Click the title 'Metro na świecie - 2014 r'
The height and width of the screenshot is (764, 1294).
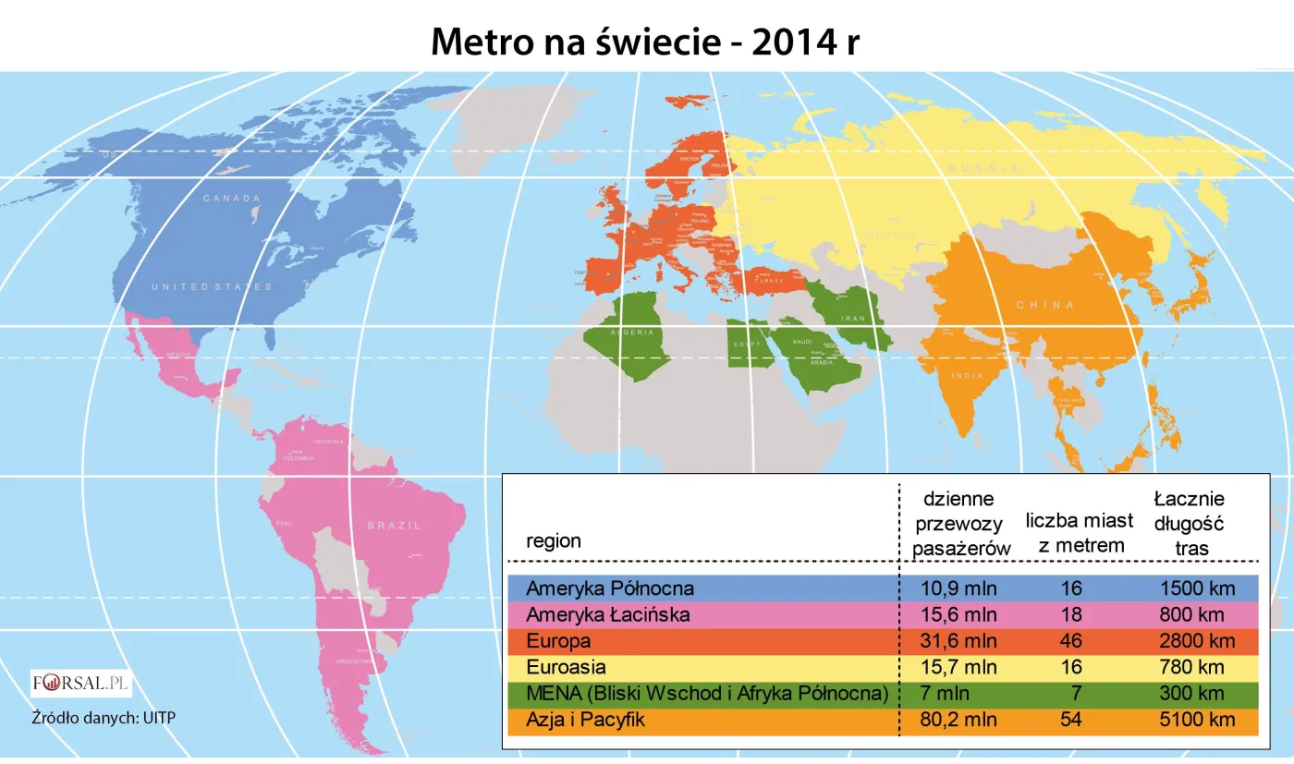pyautogui.click(x=645, y=42)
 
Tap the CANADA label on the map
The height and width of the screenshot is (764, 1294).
pyautogui.click(x=232, y=198)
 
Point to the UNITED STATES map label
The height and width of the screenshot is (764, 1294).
pyautogui.click(x=212, y=287)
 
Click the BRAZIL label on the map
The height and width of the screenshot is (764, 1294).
pyautogui.click(x=394, y=525)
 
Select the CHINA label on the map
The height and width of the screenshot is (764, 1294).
pyautogui.click(x=1045, y=305)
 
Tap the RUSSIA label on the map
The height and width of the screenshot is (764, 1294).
pyautogui.click(x=983, y=169)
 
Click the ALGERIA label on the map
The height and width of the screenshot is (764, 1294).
pyautogui.click(x=632, y=332)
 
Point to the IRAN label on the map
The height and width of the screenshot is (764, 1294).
pyautogui.click(x=851, y=318)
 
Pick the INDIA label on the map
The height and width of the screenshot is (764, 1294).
pyautogui.click(x=967, y=376)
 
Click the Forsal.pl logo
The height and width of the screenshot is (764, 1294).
pyautogui.click(x=81, y=685)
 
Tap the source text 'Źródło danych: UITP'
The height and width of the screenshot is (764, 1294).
pyautogui.click(x=97, y=717)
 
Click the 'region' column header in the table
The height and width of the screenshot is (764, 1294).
pyautogui.click(x=554, y=540)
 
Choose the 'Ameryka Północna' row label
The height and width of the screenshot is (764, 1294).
pyautogui.click(x=609, y=588)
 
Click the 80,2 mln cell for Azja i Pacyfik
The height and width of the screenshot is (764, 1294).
pyautogui.click(x=958, y=720)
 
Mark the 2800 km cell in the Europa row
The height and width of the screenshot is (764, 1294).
pyautogui.click(x=1197, y=640)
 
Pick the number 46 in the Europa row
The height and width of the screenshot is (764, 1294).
pyautogui.click(x=1072, y=640)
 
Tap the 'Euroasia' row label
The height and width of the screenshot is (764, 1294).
pyautogui.click(x=565, y=667)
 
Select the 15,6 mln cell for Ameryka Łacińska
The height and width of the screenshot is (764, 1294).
pyautogui.click(x=958, y=614)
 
